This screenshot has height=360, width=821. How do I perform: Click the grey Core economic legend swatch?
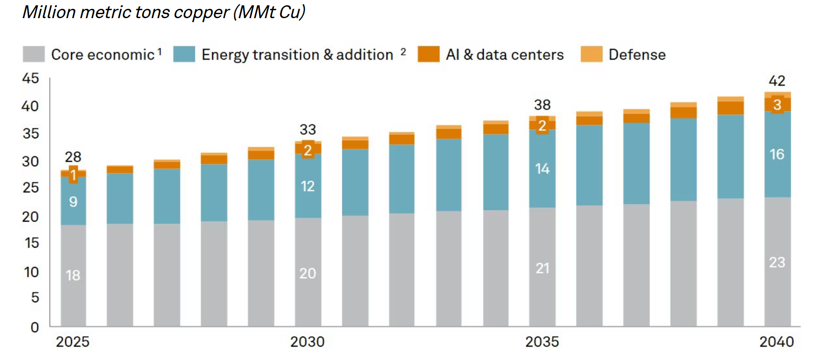click(34, 54)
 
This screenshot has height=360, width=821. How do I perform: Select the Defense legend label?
click(637, 54)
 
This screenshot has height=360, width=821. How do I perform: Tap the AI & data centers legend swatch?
click(428, 54)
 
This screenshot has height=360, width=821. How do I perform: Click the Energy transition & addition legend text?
click(297, 54)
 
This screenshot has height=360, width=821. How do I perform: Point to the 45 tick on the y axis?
click(31, 78)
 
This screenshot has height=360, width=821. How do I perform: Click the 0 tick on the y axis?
click(34, 327)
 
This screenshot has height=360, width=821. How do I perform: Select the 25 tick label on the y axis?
click(31, 188)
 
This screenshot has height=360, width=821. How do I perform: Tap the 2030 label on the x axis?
click(307, 341)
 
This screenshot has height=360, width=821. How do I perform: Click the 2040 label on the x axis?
click(776, 341)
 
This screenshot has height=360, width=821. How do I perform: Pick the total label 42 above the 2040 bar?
click(777, 80)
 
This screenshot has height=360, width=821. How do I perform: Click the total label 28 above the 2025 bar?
click(73, 157)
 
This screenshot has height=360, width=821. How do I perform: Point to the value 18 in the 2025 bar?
click(73, 275)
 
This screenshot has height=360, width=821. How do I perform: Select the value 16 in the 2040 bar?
click(777, 154)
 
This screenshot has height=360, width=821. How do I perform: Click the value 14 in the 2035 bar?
click(542, 169)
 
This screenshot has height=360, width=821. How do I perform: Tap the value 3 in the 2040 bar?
click(777, 105)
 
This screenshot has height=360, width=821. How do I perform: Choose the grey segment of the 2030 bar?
click(308, 248)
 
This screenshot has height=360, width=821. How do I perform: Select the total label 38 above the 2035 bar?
click(542, 105)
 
